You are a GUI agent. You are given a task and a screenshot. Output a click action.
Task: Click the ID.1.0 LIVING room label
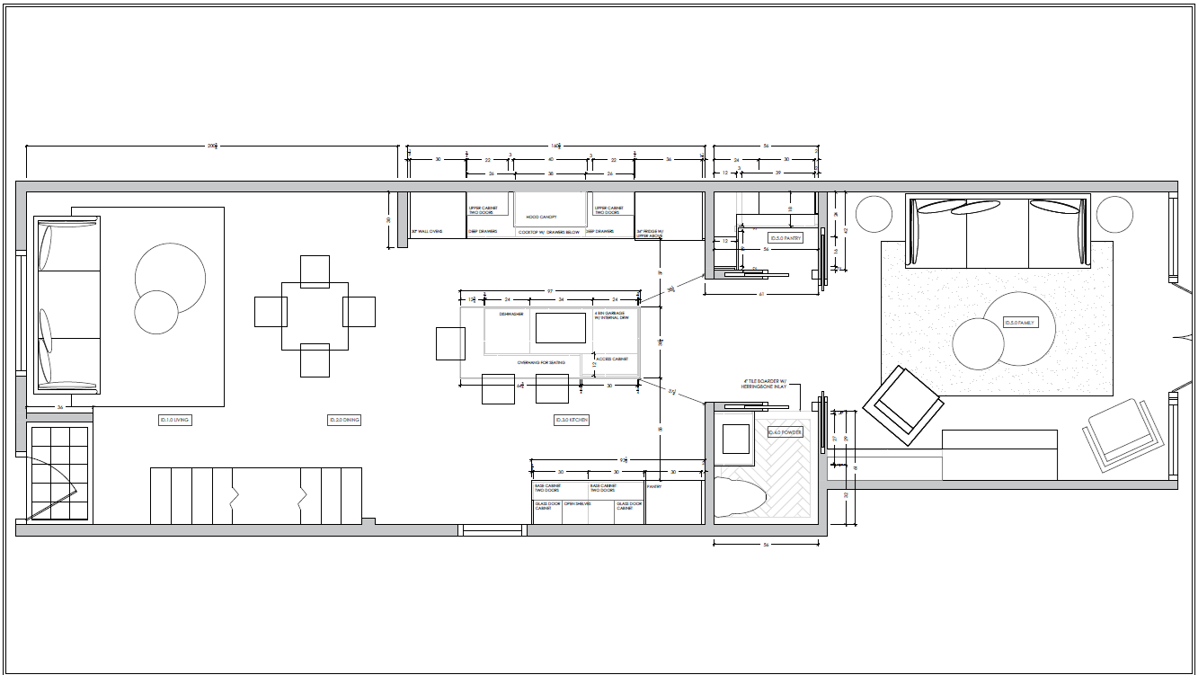[x=175, y=420]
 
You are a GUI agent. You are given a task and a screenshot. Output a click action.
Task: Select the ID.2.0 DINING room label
[x=345, y=420]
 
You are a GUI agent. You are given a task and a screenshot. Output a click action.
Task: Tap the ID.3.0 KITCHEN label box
[x=572, y=420]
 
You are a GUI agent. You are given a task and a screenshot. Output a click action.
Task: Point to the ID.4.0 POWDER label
[x=785, y=432]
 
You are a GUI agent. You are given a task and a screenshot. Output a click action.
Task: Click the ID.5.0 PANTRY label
[x=785, y=238]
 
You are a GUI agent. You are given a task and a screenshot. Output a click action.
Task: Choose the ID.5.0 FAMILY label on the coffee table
[x=1021, y=323]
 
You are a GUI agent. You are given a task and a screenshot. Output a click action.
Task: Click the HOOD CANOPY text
[x=542, y=218]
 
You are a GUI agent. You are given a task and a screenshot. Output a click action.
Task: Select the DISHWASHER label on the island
[x=500, y=315]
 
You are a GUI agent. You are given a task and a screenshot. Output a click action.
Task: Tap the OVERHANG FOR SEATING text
[x=541, y=362]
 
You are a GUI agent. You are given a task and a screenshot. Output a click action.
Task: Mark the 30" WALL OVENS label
[x=427, y=232]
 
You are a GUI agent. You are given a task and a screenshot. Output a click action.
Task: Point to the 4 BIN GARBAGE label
[x=612, y=316]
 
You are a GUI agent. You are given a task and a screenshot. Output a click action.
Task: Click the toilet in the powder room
[x=740, y=497]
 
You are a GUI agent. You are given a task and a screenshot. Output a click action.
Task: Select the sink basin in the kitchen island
[x=561, y=327]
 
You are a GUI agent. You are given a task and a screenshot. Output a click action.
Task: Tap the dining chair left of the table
[x=271, y=312]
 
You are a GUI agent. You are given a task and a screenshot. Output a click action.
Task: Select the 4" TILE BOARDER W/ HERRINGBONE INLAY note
[x=763, y=384]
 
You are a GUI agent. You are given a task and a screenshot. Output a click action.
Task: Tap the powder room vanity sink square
[x=736, y=440]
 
